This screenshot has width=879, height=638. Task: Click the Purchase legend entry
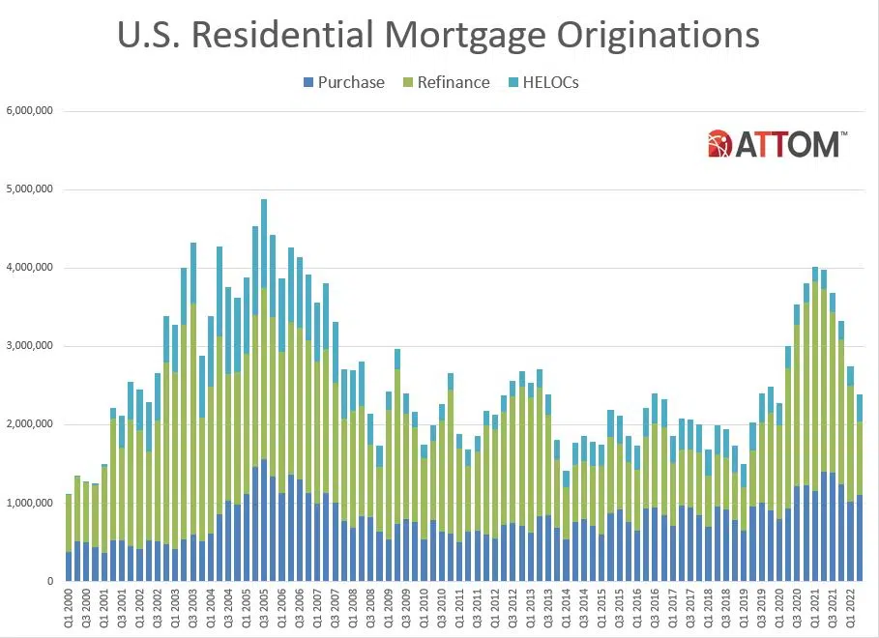pyautogui.click(x=344, y=82)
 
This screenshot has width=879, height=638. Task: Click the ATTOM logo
pyautogui.click(x=777, y=144)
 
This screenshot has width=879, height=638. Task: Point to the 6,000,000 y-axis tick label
pyautogui.click(x=28, y=111)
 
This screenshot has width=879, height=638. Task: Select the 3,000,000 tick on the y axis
pyautogui.click(x=28, y=346)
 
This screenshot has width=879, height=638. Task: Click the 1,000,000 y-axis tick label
pyautogui.click(x=28, y=503)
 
